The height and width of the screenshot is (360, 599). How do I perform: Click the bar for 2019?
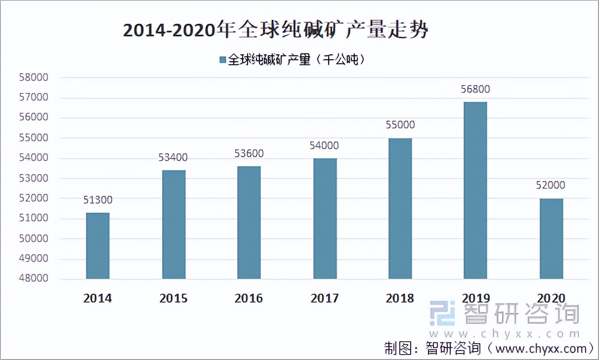point(475,190)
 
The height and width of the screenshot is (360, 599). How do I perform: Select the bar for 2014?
point(97,246)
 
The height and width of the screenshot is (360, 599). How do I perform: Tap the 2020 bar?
point(551,239)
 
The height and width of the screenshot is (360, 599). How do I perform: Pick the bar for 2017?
point(324,219)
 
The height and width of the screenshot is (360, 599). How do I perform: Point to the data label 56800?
point(476,90)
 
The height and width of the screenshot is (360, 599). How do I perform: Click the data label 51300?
point(97,200)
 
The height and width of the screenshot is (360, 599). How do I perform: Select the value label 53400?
point(173,158)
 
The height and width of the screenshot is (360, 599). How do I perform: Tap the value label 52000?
point(551,185)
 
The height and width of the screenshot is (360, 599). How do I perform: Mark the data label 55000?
point(400,125)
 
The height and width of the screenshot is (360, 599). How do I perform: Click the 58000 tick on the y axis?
point(34,78)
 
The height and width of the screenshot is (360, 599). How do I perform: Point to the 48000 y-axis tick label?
point(34,279)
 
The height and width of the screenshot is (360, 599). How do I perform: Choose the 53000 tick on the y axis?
point(34,178)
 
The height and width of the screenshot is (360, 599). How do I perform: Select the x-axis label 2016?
point(249,299)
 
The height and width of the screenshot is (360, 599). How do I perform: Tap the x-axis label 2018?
point(400,299)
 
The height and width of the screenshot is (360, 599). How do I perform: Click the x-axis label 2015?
point(173,299)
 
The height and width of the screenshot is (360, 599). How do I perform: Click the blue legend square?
point(222,60)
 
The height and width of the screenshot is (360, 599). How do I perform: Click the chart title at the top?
point(275,31)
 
